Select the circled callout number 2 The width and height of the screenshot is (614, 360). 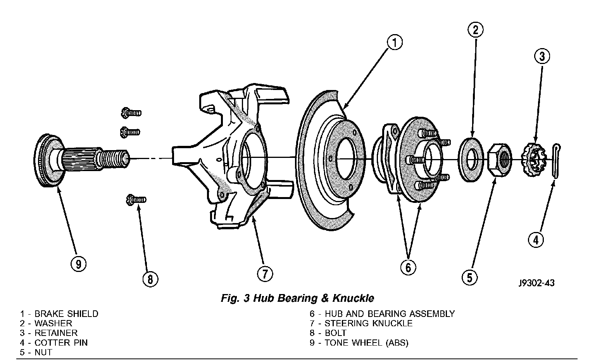tap(476, 29)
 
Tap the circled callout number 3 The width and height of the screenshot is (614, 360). tap(542, 57)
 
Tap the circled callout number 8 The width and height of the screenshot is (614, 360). tap(150, 279)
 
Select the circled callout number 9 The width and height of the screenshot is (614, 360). tap(79, 264)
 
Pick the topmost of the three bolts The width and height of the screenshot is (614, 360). tap(131, 113)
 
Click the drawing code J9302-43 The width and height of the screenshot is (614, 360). tap(537, 283)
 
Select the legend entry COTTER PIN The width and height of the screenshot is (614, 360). tap(61, 343)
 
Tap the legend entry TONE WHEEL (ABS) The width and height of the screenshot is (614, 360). tap(366, 343)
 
